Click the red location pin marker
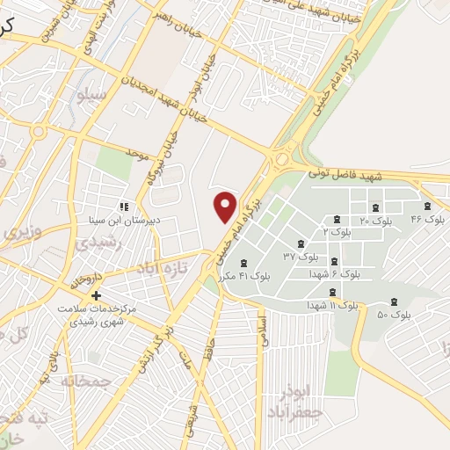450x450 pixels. click(x=227, y=206)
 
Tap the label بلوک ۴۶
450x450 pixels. click(x=428, y=217)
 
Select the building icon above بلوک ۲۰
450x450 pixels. click(x=376, y=207)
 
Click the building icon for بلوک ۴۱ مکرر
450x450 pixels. click(x=244, y=263)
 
